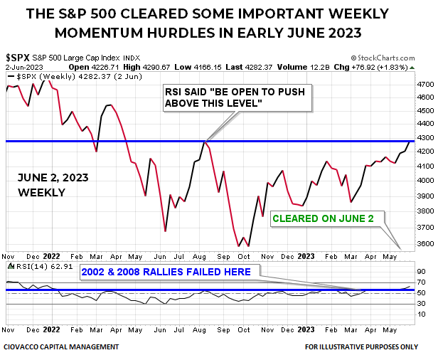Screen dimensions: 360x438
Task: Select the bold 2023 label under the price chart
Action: click(x=305, y=255)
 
